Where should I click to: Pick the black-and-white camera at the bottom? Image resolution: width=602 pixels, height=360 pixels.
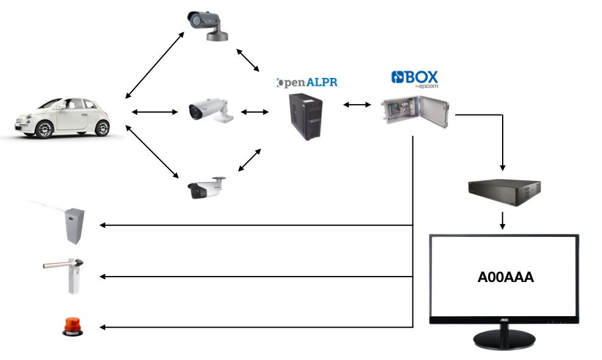(206, 188)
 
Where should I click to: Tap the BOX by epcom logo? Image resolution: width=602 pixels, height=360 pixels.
(414, 79)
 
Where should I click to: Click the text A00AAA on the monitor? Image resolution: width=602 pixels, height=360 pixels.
(505, 277)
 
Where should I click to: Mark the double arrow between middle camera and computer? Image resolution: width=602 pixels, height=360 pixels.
(255, 111)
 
